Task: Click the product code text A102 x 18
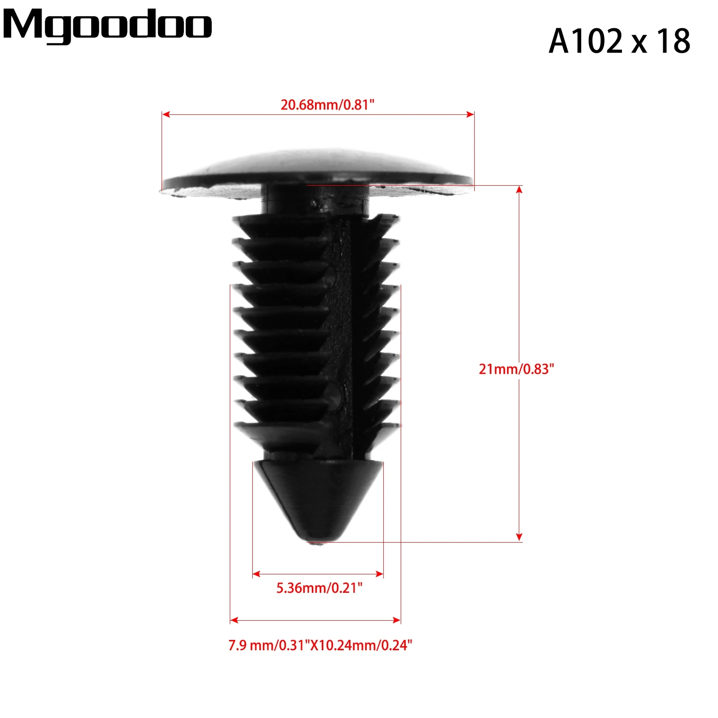(x=619, y=41)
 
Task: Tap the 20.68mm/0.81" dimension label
(x=327, y=105)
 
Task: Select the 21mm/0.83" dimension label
(x=516, y=369)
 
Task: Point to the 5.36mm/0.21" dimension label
(x=319, y=588)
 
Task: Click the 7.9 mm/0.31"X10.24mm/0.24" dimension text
(x=320, y=645)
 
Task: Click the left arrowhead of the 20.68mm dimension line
(x=166, y=114)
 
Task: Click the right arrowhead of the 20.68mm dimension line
(x=470, y=114)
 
